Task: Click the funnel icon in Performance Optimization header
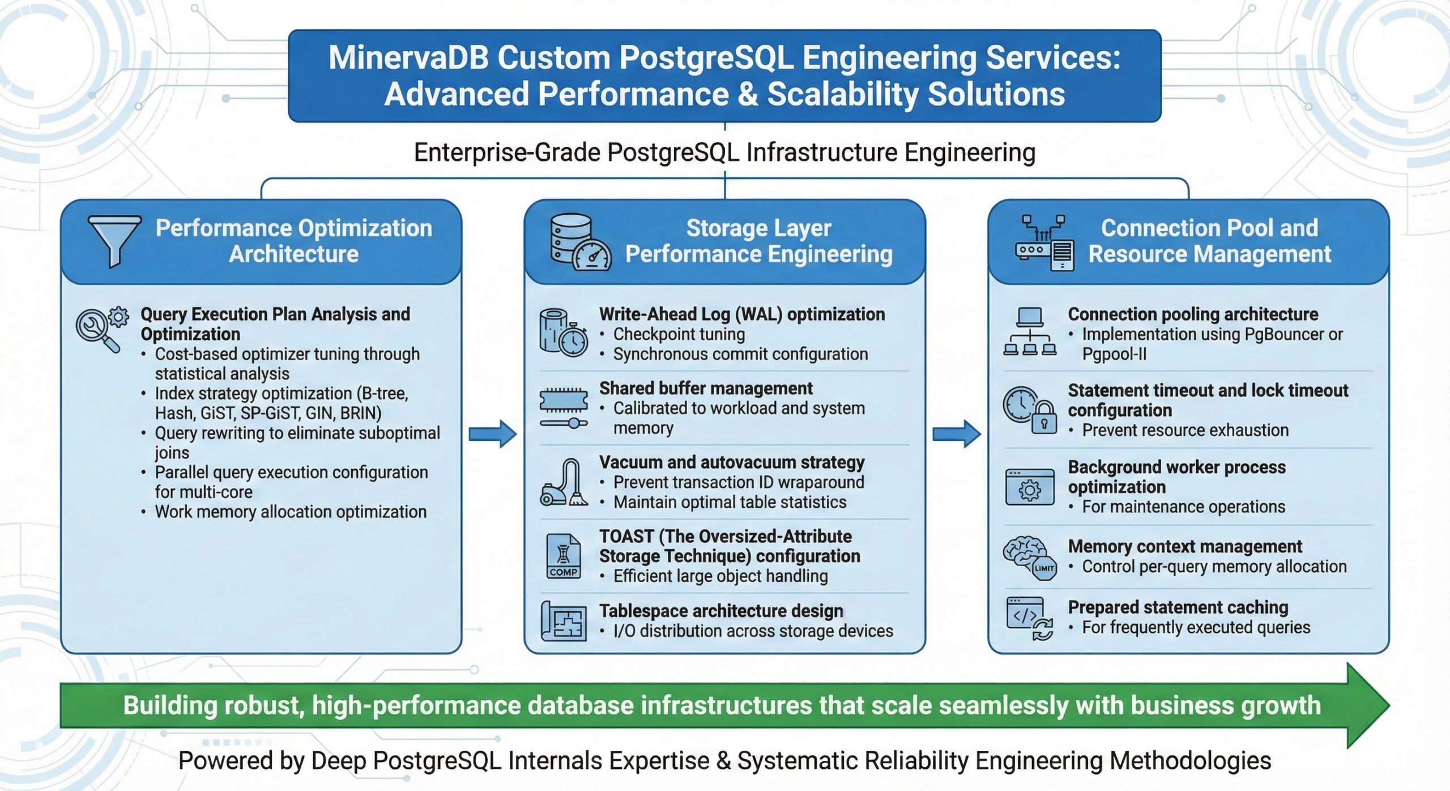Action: [x=115, y=240]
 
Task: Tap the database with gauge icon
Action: [x=579, y=243]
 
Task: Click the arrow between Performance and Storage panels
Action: [x=492, y=434]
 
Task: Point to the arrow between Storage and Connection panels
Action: [x=956, y=434]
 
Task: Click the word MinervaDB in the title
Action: [x=408, y=58]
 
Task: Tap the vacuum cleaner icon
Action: [x=564, y=483]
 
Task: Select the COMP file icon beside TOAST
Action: [x=564, y=556]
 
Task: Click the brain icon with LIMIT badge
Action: [x=1029, y=558]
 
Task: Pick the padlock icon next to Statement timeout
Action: [x=1044, y=418]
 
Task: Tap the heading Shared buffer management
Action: [x=706, y=388]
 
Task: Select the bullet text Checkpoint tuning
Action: [x=679, y=334]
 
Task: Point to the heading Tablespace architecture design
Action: [x=721, y=611]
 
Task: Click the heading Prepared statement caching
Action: [x=1178, y=607]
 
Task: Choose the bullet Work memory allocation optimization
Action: [x=290, y=512]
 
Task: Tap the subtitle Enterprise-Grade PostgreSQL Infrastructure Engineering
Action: [x=724, y=152]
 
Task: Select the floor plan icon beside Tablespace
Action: [x=564, y=622]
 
